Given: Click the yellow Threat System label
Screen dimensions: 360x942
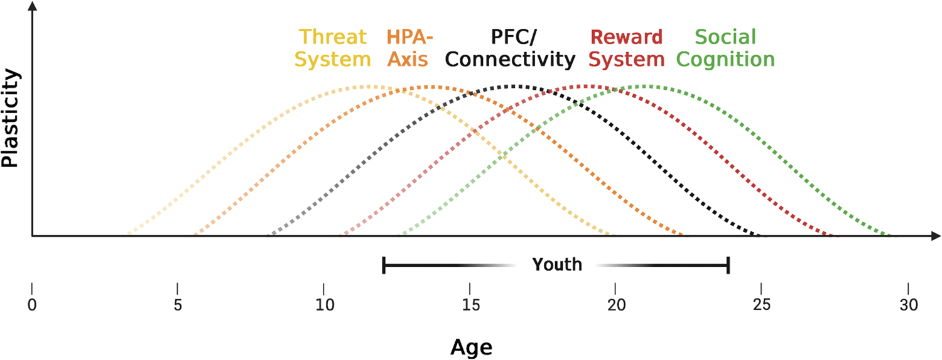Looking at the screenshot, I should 332,48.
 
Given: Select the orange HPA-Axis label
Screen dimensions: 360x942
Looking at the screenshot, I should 409,48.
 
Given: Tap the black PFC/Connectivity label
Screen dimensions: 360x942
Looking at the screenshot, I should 510,48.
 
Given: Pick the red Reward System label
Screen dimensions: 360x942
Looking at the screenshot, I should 627,48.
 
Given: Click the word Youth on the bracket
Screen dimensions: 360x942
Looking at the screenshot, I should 556,265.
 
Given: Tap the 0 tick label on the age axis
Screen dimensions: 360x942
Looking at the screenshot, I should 31,306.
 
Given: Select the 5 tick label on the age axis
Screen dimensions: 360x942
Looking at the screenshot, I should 178,306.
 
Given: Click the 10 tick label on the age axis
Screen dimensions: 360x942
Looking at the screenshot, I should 323,306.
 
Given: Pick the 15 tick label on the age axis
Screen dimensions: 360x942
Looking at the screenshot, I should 470,306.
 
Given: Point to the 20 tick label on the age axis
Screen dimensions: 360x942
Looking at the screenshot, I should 615,306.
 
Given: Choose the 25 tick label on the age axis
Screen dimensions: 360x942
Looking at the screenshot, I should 762,306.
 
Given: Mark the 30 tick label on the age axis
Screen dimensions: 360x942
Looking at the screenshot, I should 907,306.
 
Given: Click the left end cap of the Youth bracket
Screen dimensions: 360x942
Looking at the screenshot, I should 384,265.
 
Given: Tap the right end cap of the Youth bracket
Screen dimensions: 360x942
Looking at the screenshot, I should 728,265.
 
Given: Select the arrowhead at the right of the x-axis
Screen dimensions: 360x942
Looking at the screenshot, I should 935,236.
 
